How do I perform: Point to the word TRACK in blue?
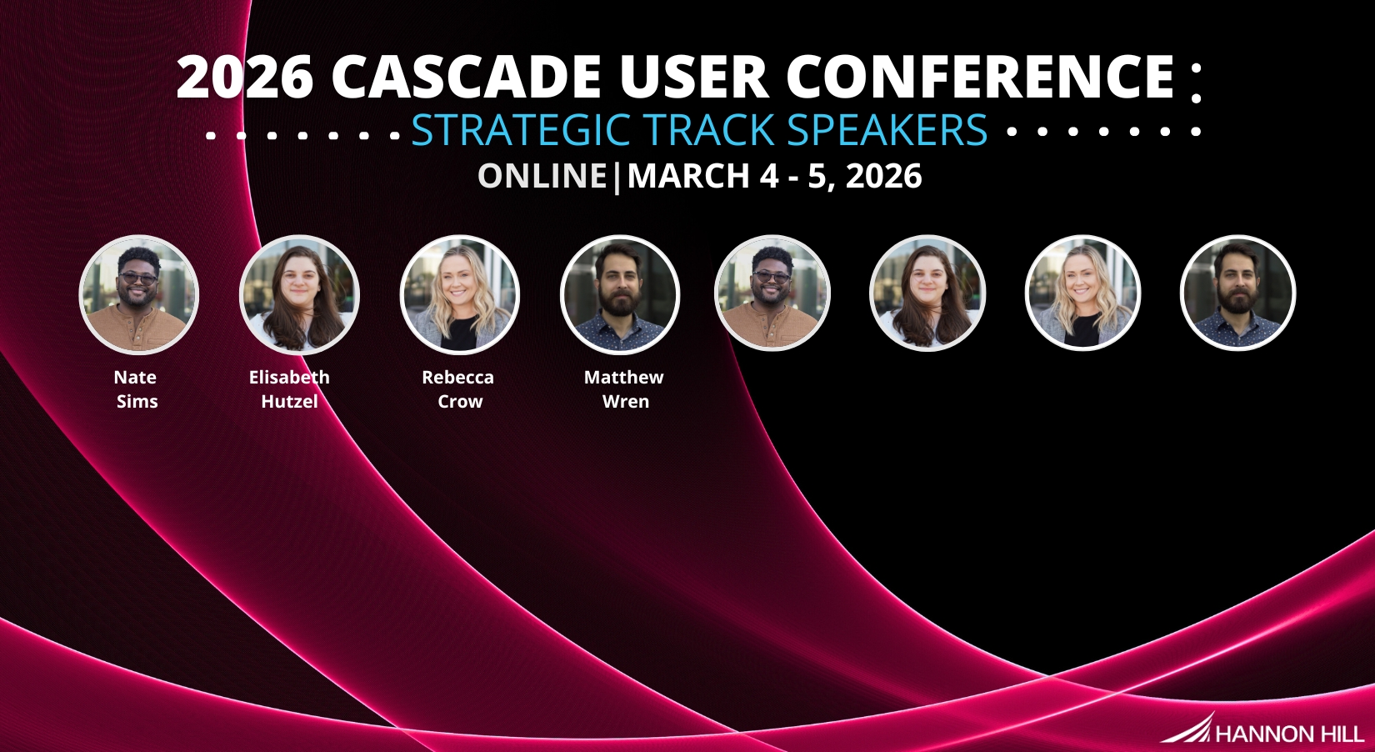(x=710, y=129)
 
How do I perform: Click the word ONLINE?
(x=542, y=176)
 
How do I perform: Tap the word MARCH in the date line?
(x=688, y=176)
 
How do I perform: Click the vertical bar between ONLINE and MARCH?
(x=617, y=177)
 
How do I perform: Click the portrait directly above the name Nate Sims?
(x=138, y=294)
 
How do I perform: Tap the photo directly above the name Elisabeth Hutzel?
(x=299, y=294)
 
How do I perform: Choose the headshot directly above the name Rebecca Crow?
(x=460, y=294)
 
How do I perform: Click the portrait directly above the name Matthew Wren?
(x=620, y=294)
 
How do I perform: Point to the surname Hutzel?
(x=290, y=402)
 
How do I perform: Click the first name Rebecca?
(x=458, y=377)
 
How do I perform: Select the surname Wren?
(x=626, y=402)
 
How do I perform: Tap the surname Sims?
(x=137, y=402)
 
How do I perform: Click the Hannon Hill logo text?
(x=1289, y=734)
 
